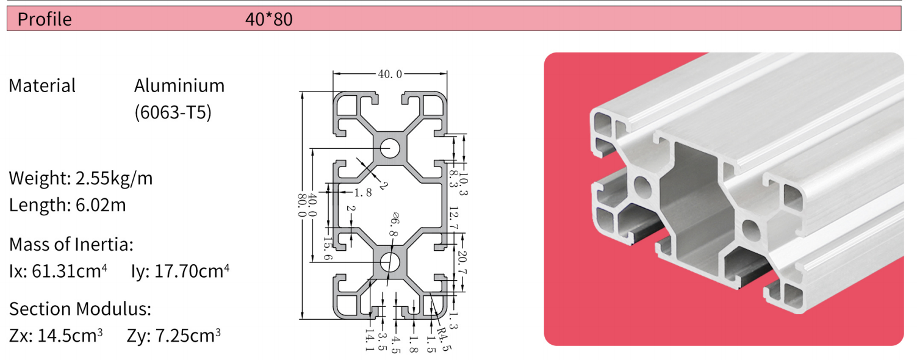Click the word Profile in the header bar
[x=45, y=19]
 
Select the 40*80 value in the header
[x=268, y=19]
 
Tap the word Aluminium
[x=179, y=85]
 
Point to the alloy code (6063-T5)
[x=173, y=113]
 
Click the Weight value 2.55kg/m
[x=113, y=178]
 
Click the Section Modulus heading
[x=80, y=309]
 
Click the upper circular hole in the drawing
[x=389, y=148]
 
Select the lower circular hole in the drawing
[x=389, y=262]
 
